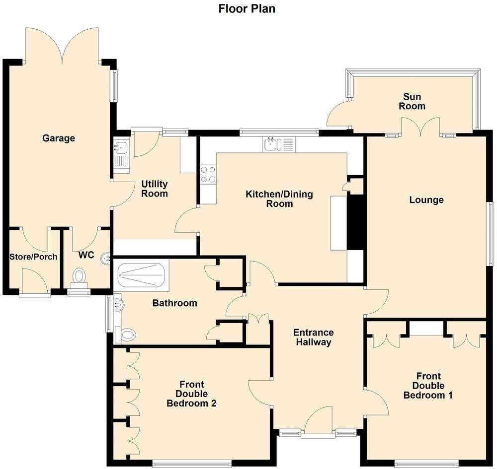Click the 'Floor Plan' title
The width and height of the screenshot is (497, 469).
click(247, 8)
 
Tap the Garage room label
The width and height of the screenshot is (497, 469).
click(59, 138)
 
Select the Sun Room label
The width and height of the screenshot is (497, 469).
click(414, 101)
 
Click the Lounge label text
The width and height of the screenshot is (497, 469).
click(426, 200)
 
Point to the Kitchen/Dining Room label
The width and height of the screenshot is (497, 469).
click(279, 199)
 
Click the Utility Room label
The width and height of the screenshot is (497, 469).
click(155, 189)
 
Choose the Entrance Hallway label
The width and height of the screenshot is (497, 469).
click(313, 337)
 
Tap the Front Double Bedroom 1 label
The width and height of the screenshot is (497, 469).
click(428, 386)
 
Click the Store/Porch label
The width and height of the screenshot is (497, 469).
click(33, 257)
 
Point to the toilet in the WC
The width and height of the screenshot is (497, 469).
click(79, 276)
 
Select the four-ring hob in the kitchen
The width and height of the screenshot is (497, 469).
click(208, 175)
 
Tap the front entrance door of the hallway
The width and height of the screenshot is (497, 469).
click(318, 422)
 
